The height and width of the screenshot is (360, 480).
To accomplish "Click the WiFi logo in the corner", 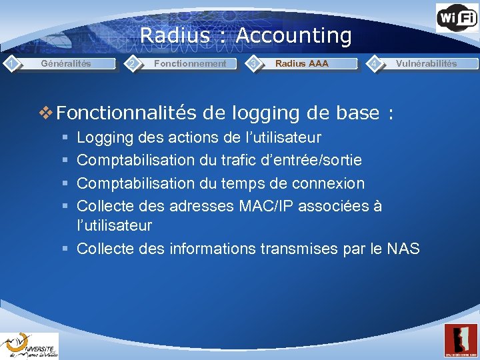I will (x=457, y=17).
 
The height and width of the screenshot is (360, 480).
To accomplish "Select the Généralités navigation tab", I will (x=66, y=64).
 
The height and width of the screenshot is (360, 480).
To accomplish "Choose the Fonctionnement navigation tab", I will (x=190, y=64).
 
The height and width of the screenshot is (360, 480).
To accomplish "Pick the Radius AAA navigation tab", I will (x=301, y=64).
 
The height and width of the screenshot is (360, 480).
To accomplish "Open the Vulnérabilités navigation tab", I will (x=426, y=64).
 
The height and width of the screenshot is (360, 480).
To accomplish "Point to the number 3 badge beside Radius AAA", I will (x=253, y=63).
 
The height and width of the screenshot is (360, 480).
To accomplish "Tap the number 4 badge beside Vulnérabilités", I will (x=376, y=63).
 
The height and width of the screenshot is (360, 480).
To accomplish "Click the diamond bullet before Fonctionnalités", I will (x=47, y=113).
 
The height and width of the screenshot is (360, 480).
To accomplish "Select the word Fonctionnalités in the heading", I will (x=127, y=113).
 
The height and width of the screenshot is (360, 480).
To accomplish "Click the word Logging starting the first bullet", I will (x=104, y=138).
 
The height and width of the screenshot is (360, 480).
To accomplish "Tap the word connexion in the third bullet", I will (x=331, y=183).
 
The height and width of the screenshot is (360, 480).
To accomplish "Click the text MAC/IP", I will (x=266, y=205).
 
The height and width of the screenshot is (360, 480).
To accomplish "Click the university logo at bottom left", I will (x=29, y=345).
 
